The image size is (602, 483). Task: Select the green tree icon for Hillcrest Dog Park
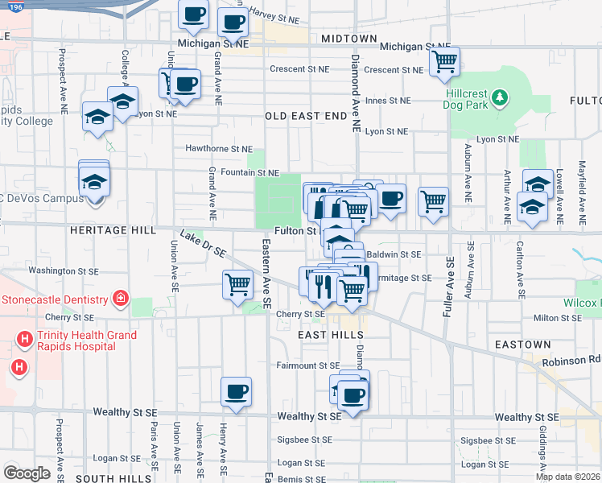pyautogui.click(x=501, y=97)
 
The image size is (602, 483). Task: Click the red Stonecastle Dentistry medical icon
pyautogui.click(x=121, y=299)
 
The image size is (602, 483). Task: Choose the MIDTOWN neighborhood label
pyautogui.click(x=348, y=39)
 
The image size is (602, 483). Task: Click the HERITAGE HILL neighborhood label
pyautogui.click(x=113, y=230)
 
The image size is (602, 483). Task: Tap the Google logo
pyautogui.click(x=26, y=473)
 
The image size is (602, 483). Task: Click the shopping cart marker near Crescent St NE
pyautogui.click(x=443, y=62)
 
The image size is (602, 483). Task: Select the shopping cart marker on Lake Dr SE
pyautogui.click(x=238, y=284)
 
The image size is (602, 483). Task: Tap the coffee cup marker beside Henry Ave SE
pyautogui.click(x=236, y=391)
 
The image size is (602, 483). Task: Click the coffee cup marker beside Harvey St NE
pyautogui.click(x=233, y=23)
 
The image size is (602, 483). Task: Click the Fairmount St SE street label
pyautogui.click(x=309, y=365)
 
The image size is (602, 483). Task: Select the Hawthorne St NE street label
pyautogui.click(x=219, y=149)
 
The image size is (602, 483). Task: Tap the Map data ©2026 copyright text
pyautogui.click(x=568, y=477)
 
